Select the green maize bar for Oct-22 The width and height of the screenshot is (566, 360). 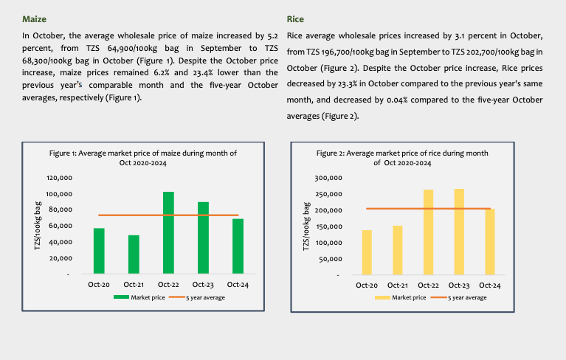click(168, 232)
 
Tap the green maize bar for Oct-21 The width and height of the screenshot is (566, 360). click(134, 255)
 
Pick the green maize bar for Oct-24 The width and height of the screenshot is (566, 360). click(238, 246)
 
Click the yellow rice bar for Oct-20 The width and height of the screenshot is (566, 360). click(367, 252)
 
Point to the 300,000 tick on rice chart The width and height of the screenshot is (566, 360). click(329, 178)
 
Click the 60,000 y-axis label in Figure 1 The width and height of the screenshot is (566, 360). click(59, 226)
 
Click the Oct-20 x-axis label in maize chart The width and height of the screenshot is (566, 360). click(99, 285)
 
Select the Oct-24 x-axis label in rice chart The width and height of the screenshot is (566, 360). click(490, 285)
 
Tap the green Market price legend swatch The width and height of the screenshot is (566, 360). click(121, 297)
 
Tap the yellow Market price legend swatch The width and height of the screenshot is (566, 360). click(382, 297)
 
